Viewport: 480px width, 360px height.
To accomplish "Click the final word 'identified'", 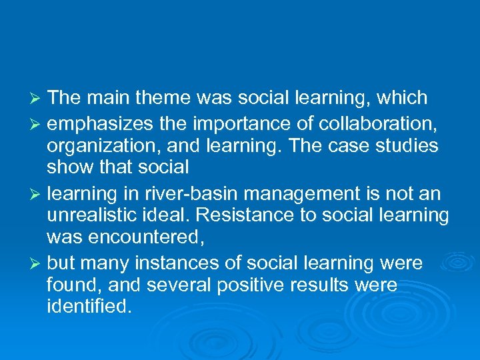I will pyautogui.click(x=89, y=307).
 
